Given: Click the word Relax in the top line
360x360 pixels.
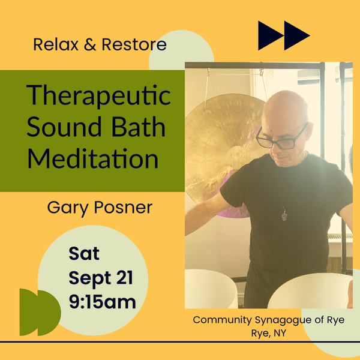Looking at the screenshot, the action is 56,44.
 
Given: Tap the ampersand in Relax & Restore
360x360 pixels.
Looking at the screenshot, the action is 90,44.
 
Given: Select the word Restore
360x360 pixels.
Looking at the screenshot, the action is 134,44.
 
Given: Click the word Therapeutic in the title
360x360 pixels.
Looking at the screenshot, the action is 98,96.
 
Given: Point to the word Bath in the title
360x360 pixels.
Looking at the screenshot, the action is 139,127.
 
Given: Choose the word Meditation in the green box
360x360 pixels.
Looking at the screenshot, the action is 93,158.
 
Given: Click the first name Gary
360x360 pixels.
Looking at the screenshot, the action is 68,208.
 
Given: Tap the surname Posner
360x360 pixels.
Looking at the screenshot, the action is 123,207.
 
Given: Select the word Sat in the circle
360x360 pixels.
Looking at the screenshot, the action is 84,253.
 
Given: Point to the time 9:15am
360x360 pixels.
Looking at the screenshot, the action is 103,301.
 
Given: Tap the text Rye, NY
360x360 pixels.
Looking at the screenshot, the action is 269,333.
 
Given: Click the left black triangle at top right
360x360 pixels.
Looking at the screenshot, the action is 271,35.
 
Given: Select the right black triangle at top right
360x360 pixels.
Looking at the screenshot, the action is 297,35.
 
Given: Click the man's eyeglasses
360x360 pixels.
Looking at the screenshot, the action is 281,138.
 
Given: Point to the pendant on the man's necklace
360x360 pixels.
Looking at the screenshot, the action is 284,215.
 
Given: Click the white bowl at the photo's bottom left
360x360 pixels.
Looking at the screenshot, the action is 210,289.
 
